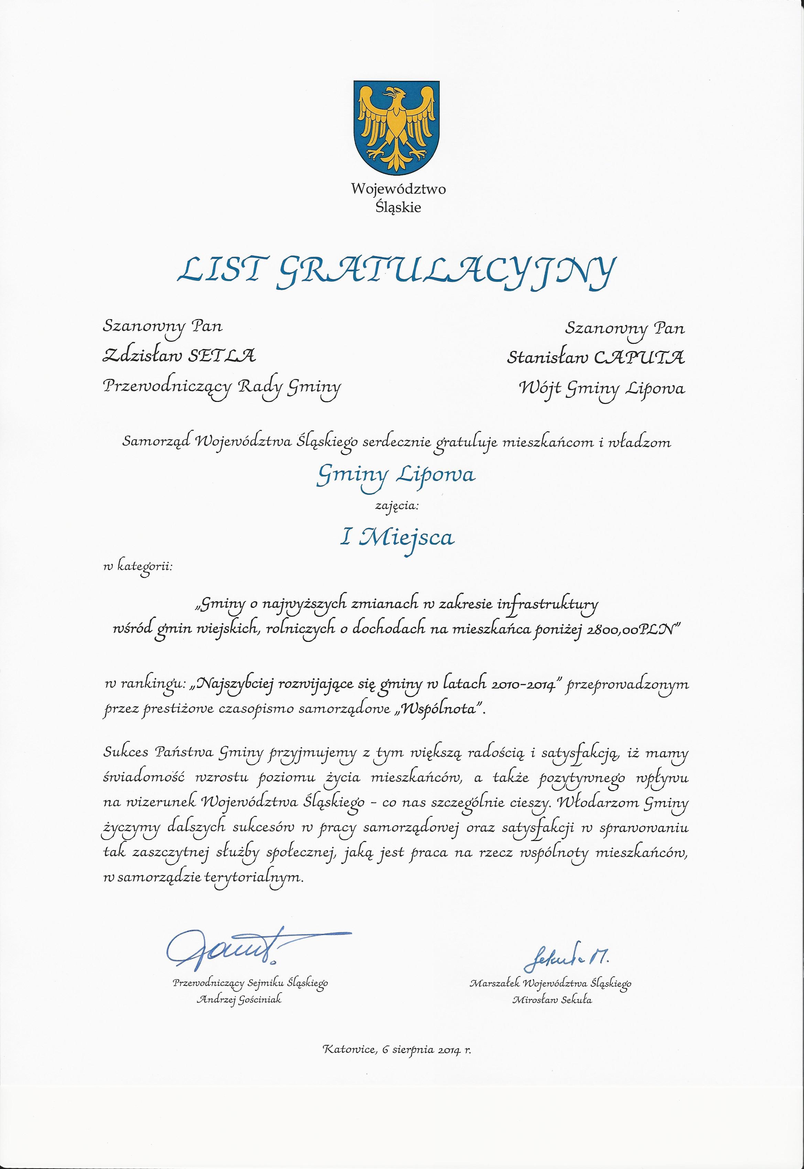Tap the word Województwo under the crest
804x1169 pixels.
click(398, 189)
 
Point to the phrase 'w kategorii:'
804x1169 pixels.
click(138, 568)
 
